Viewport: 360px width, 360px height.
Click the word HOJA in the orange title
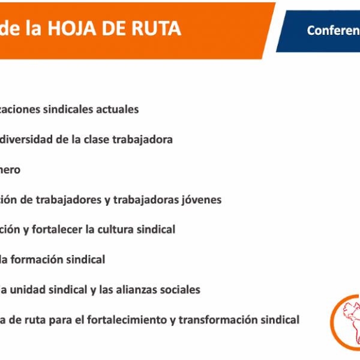pyautogui.click(x=72, y=28)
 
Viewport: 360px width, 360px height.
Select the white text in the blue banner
pyautogui.click(x=334, y=31)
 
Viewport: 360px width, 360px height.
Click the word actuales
pyautogui.click(x=118, y=109)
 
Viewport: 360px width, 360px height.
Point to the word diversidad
pyautogui.click(x=26, y=139)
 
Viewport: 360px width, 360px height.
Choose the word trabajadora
pyautogui.click(x=142, y=140)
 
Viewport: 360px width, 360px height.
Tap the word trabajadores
pyautogui.click(x=68, y=200)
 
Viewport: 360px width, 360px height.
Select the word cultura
pyautogui.click(x=115, y=230)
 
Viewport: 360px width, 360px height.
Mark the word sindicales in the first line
pyautogui.click(x=68, y=109)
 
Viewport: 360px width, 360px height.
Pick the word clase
pyautogui.click(x=97, y=139)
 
